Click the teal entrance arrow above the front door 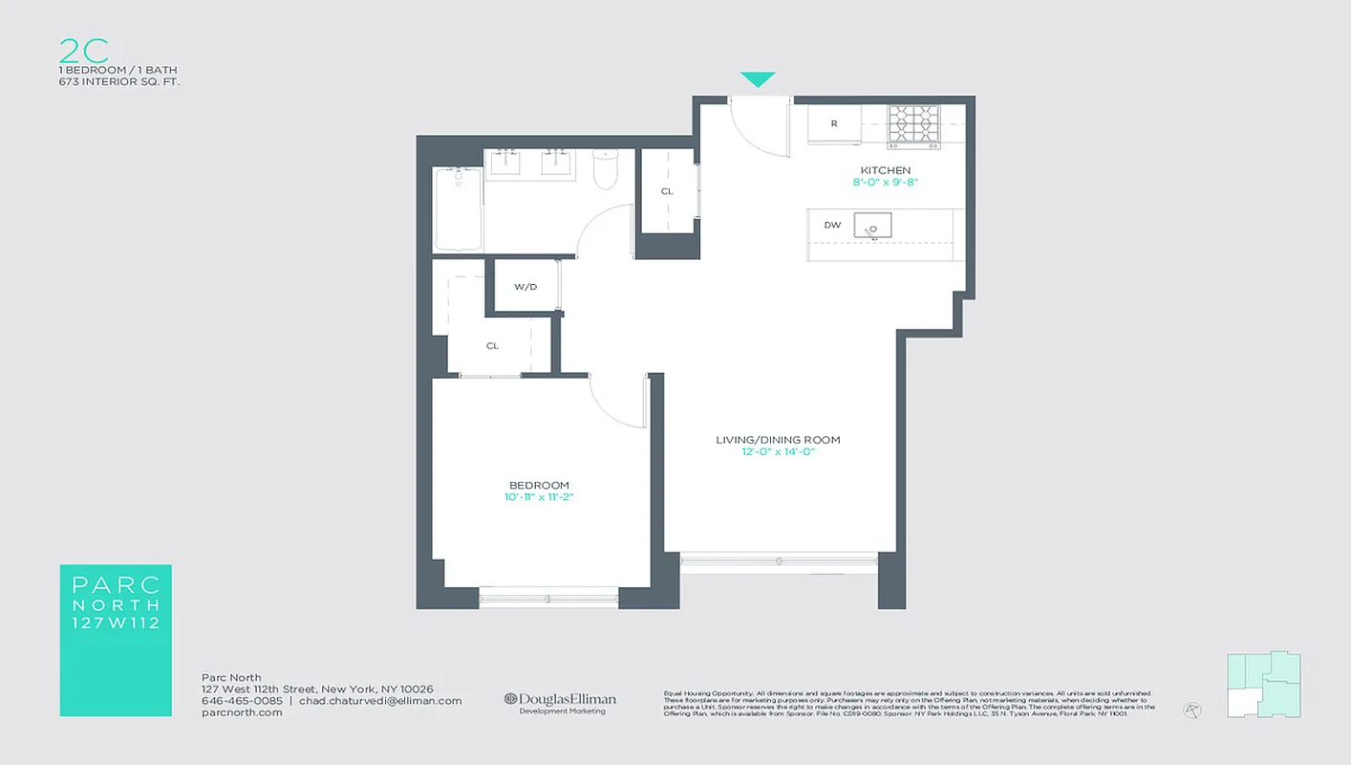click(758, 79)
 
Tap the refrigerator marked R click(834, 124)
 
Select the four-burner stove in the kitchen click(913, 126)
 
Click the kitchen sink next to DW click(872, 226)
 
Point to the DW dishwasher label click(832, 226)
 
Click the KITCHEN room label click(886, 170)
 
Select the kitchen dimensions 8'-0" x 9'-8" click(886, 182)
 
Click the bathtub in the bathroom click(459, 208)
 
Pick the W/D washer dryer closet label click(525, 287)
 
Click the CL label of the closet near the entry click(667, 191)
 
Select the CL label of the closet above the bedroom click(492, 346)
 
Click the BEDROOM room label click(539, 485)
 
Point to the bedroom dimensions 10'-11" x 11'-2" click(539, 497)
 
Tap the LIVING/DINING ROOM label click(778, 440)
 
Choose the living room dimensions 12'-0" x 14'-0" click(778, 451)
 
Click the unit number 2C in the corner click(82, 51)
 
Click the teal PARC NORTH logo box click(115, 640)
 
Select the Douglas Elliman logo click(561, 700)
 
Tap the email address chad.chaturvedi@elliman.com click(380, 701)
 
